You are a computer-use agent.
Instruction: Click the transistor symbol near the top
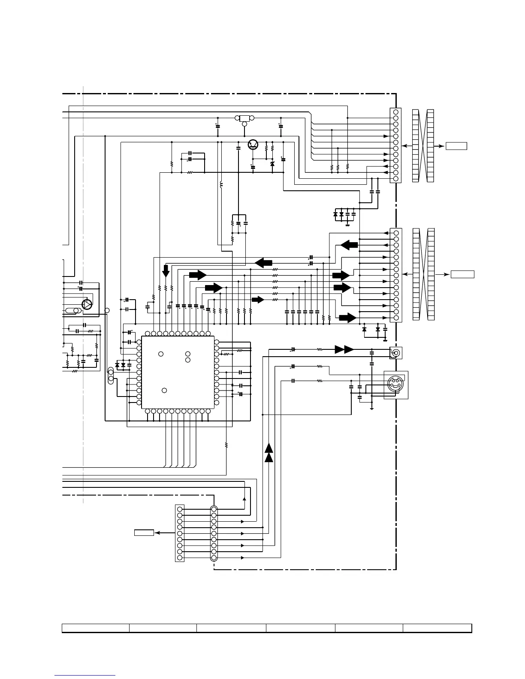pyautogui.click(x=253, y=145)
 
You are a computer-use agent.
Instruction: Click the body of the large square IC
pyautogui.click(x=178, y=372)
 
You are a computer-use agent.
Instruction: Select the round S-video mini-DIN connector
pyautogui.click(x=395, y=384)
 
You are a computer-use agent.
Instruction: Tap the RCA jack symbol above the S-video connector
pyautogui.click(x=395, y=353)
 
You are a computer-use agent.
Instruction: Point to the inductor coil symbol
pyautogui.click(x=221, y=185)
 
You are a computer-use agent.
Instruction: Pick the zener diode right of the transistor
pyautogui.click(x=272, y=164)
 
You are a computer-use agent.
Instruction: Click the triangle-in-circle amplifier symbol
pyautogui.click(x=87, y=304)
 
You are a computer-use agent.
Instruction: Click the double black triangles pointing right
pyautogui.click(x=344, y=349)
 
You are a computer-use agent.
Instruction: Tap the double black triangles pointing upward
pyautogui.click(x=269, y=453)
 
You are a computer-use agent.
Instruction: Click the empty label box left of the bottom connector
pyautogui.click(x=144, y=533)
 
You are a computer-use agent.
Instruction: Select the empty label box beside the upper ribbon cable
pyautogui.click(x=456, y=146)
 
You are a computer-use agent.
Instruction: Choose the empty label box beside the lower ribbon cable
pyautogui.click(x=462, y=274)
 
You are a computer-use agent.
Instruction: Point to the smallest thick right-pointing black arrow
pyautogui.click(x=258, y=300)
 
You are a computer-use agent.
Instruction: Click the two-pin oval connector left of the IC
pyautogui.click(x=111, y=376)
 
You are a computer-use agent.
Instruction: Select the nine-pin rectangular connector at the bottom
pyautogui.click(x=180, y=533)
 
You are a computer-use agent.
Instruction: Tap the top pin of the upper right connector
pyautogui.click(x=396, y=112)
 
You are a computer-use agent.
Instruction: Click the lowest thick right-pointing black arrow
pyautogui.click(x=348, y=318)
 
